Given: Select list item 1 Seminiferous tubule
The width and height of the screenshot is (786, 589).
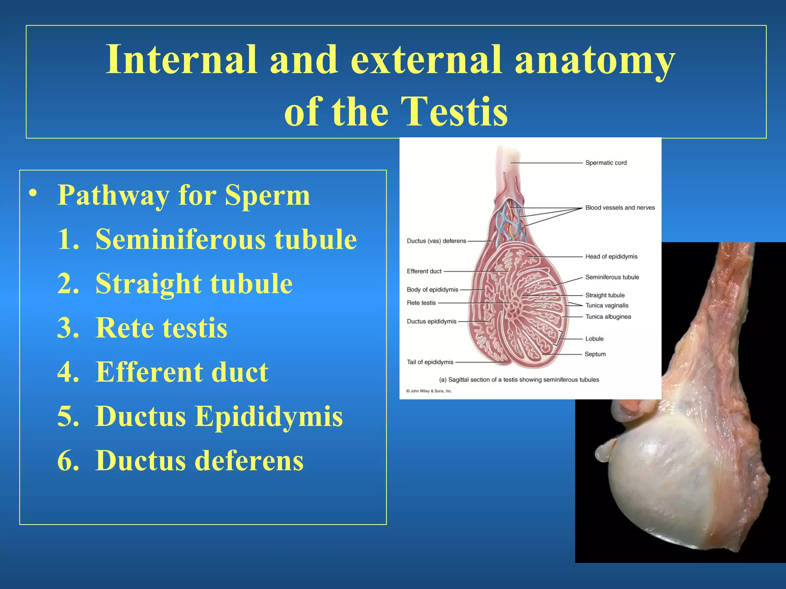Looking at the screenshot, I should tap(207, 239).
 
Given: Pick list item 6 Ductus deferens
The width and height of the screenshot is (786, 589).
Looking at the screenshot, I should tap(180, 461).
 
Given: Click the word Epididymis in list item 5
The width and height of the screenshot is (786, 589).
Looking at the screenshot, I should tap(269, 416).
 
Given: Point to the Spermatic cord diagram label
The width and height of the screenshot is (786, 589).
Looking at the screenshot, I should tap(606, 163).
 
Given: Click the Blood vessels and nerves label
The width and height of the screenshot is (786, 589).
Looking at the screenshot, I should tap(620, 207).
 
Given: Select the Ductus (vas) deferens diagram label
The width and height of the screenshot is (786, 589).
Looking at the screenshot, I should tap(436, 241).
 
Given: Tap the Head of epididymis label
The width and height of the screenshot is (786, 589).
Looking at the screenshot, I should tap(611, 257).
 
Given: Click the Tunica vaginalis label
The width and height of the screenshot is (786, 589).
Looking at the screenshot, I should tap(607, 305).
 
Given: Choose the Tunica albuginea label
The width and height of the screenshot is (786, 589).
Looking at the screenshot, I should tap(608, 317).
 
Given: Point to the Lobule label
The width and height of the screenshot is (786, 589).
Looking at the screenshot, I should tap(594, 339).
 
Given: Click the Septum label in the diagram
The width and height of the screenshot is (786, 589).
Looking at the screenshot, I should tap(595, 354).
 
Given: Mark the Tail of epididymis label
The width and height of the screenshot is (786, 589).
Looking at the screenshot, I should tap(430, 362).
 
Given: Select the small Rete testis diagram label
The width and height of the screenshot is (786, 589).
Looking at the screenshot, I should tap(421, 303).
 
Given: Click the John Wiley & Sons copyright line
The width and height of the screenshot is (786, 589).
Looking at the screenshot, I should tap(429, 391).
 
